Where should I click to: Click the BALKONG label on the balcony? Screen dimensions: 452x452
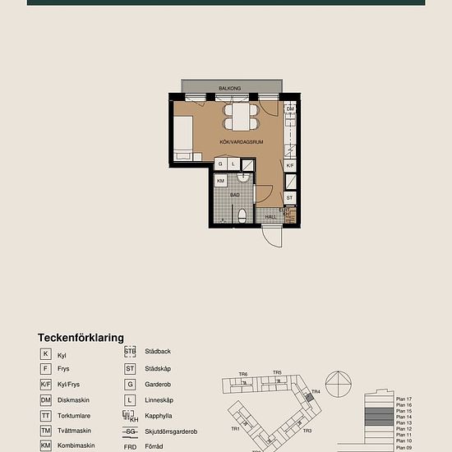(x=229, y=86)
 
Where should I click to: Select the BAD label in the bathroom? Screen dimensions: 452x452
(x=235, y=195)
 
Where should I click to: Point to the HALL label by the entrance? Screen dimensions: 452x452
(x=271, y=217)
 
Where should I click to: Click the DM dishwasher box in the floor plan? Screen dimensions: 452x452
(x=290, y=108)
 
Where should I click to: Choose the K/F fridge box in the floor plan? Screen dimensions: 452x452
(x=290, y=165)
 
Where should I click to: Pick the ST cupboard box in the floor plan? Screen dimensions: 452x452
(x=290, y=198)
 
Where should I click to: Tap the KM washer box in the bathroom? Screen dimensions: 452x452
(x=221, y=181)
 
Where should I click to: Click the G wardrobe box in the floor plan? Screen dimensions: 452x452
(x=220, y=164)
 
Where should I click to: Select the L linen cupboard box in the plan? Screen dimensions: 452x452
(x=233, y=164)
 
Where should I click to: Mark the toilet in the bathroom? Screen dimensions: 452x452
(x=242, y=216)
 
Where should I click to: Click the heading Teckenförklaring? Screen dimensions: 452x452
(x=81, y=337)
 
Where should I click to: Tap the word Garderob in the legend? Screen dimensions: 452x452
(x=158, y=384)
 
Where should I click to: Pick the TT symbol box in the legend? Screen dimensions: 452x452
(x=46, y=415)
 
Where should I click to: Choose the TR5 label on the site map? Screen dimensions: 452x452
(x=277, y=373)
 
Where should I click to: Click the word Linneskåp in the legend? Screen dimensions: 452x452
(x=159, y=399)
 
